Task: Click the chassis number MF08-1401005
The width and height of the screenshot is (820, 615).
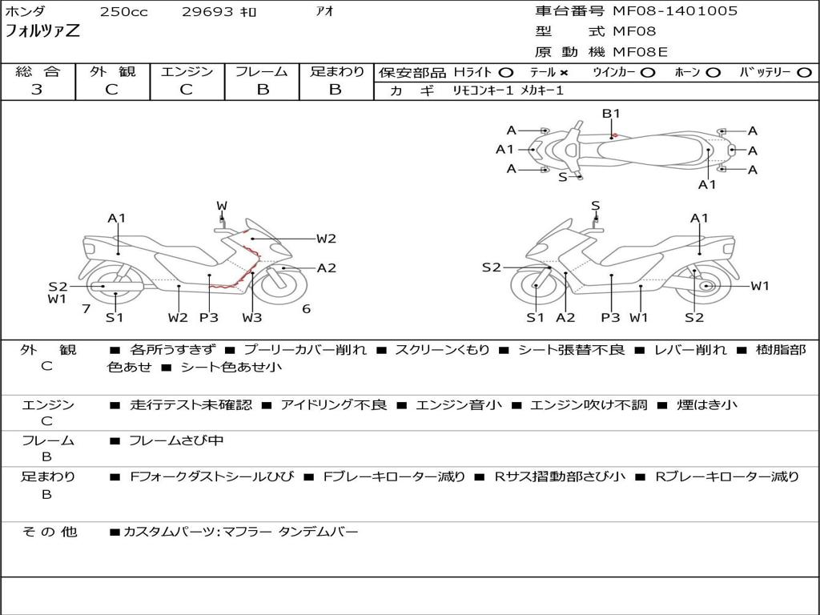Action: pyautogui.click(x=675, y=11)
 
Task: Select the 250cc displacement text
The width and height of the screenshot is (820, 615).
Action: pyautogui.click(x=123, y=12)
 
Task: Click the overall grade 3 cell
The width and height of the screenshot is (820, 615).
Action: pyautogui.click(x=37, y=90)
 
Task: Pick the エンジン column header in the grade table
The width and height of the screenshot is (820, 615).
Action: pyautogui.click(x=187, y=72)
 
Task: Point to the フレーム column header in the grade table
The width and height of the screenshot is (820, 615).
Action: pyautogui.click(x=262, y=72)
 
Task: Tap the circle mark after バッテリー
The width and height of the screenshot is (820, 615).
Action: pyautogui.click(x=804, y=73)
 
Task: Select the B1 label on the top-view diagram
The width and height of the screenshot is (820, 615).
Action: pyautogui.click(x=611, y=114)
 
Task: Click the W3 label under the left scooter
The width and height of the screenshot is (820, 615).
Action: pyautogui.click(x=252, y=318)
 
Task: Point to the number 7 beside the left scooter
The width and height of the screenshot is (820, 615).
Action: pyautogui.click(x=86, y=309)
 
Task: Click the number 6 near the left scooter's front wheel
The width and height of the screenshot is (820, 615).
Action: pyautogui.click(x=306, y=309)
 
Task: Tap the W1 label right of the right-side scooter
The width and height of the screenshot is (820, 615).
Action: pyautogui.click(x=759, y=286)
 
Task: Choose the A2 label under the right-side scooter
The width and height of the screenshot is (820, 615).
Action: pyautogui.click(x=565, y=318)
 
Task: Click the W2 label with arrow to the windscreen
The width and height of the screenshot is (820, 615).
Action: pyautogui.click(x=326, y=239)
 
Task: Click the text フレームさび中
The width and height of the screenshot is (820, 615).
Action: pyautogui.click(x=176, y=440)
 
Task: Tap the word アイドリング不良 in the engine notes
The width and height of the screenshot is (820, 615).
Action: pyautogui.click(x=333, y=405)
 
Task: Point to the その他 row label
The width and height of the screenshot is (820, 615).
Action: pyautogui.click(x=49, y=532)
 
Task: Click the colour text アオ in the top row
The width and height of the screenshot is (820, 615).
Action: pyautogui.click(x=325, y=12)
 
